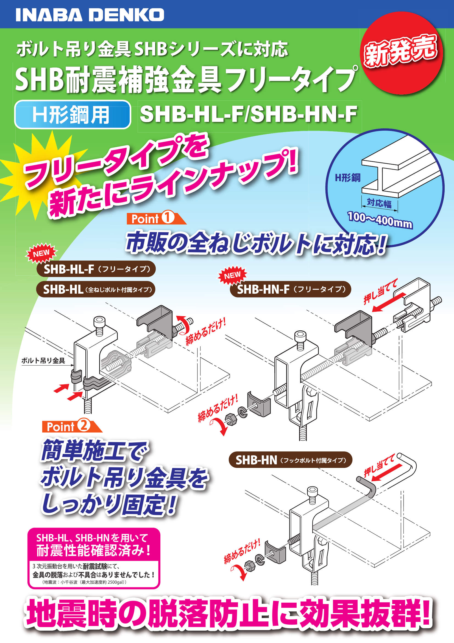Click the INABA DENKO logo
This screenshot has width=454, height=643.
click(x=90, y=15)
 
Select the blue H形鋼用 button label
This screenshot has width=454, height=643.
click(x=72, y=114)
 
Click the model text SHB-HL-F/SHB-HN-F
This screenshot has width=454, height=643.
click(x=248, y=114)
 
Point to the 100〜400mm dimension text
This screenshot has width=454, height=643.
click(x=380, y=220)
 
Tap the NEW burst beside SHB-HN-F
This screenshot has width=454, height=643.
click(x=232, y=276)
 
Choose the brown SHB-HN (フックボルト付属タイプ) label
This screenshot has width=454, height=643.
click(x=290, y=460)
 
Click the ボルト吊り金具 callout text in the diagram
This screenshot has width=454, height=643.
click(x=43, y=361)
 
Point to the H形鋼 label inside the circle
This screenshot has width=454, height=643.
click(x=347, y=178)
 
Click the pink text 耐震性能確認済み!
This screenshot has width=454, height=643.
click(x=94, y=551)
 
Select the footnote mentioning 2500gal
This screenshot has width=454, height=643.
click(x=84, y=582)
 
